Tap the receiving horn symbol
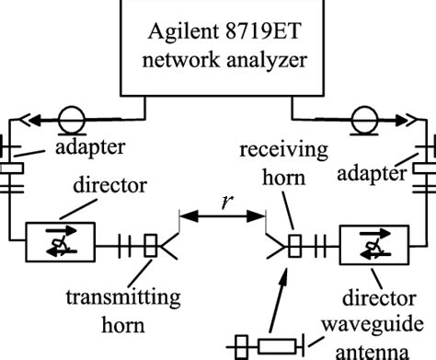coord(281,245)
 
